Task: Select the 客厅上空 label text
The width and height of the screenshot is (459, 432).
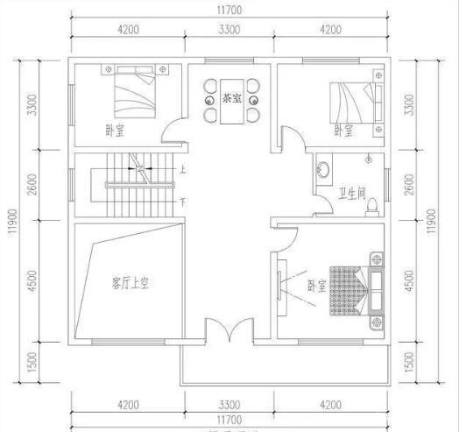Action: [132, 282]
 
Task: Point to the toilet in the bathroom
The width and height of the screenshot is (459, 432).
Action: [371, 204]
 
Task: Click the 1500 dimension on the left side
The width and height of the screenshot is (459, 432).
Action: [32, 360]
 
